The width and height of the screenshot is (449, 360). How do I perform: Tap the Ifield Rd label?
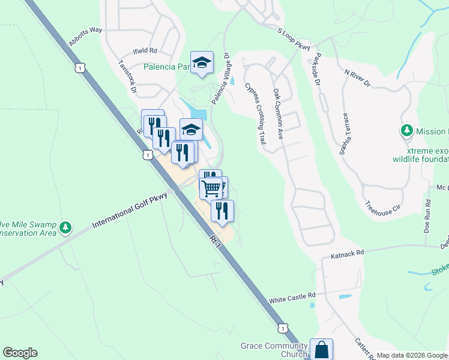point(145,52)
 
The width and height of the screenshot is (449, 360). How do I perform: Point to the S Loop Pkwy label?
point(294,38)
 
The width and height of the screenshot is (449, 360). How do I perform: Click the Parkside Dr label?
point(316,71)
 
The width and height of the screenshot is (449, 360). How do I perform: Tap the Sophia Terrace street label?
point(345,133)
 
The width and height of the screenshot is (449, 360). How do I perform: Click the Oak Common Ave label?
point(277,115)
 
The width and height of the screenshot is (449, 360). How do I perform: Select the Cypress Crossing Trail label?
point(255,113)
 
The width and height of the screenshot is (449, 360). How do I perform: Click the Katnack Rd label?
point(348,255)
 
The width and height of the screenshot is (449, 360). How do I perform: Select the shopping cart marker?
point(211,188)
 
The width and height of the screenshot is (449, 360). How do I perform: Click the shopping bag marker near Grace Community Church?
point(321,348)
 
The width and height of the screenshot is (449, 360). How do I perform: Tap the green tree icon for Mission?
point(406,130)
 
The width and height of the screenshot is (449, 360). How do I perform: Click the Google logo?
point(20,353)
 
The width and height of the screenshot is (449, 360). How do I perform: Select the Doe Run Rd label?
point(427,219)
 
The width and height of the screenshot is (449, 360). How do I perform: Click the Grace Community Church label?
point(274,350)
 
